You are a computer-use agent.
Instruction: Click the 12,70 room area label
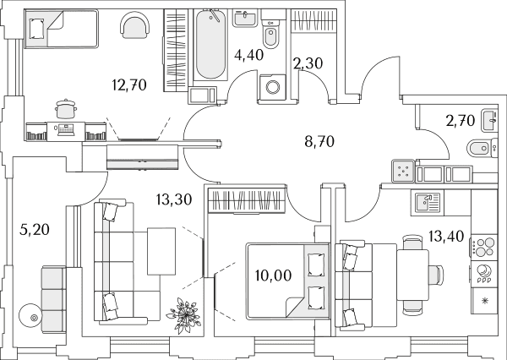pyautogui.click(x=129, y=85)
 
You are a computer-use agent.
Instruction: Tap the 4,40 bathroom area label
pyautogui.click(x=249, y=55)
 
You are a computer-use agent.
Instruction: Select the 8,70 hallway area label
pyautogui.click(x=319, y=142)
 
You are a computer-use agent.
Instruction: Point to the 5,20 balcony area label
pyautogui.click(x=35, y=230)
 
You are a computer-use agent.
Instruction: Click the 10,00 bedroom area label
pyautogui.click(x=273, y=275)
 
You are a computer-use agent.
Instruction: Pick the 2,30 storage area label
pyautogui.click(x=308, y=63)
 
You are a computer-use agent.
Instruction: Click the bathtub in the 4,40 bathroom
pyautogui.click(x=210, y=44)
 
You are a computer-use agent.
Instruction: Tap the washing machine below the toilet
pyautogui.click(x=273, y=87)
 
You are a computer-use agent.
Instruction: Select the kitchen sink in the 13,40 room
pyautogui.click(x=428, y=203)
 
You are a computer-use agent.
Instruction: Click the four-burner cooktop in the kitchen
pyautogui.click(x=483, y=247)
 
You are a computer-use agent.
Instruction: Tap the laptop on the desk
pyautogui.click(x=66, y=130)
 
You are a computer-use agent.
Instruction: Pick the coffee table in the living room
pyautogui.click(x=161, y=251)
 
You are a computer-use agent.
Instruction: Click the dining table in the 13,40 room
pyautogui.click(x=412, y=275)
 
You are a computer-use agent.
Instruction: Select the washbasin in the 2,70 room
pyautogui.click(x=489, y=120)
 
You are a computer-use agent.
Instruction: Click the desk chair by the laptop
pyautogui.click(x=66, y=109)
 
